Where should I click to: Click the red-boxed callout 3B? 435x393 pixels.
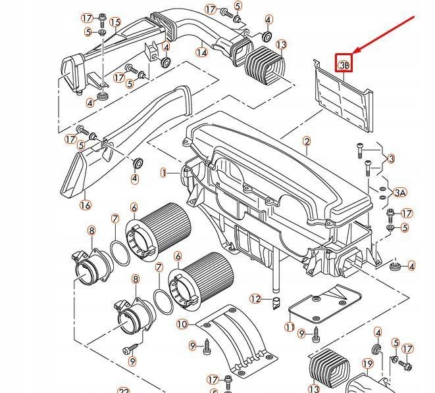click(x=344, y=63)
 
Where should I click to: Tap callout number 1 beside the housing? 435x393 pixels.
click(x=163, y=173)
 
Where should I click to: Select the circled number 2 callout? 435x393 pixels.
click(x=307, y=141)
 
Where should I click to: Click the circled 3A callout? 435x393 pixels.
click(x=400, y=193)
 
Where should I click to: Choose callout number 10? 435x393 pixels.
click(x=182, y=324)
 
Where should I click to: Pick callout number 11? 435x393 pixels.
click(x=290, y=327)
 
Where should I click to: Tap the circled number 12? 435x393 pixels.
click(x=255, y=299)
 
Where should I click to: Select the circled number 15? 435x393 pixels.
click(x=115, y=23)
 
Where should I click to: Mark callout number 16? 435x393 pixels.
click(x=85, y=205)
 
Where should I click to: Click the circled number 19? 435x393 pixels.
click(x=367, y=363)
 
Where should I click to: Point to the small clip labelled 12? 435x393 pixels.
click(x=276, y=304)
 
